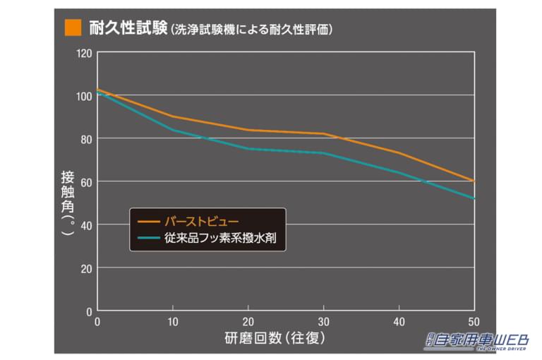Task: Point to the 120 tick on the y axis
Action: (x=84, y=52)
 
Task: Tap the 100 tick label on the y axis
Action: (x=84, y=95)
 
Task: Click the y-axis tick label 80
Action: (x=86, y=138)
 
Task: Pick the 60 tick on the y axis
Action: (x=86, y=181)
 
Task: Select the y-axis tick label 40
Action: (x=86, y=224)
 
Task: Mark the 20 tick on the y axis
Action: (x=86, y=268)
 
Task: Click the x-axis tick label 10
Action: (x=172, y=321)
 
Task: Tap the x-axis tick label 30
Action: (x=323, y=321)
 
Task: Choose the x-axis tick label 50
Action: (x=473, y=321)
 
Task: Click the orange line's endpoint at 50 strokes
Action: (x=474, y=181)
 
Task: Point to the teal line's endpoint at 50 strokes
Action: (x=474, y=198)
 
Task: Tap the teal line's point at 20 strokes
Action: (x=248, y=148)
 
